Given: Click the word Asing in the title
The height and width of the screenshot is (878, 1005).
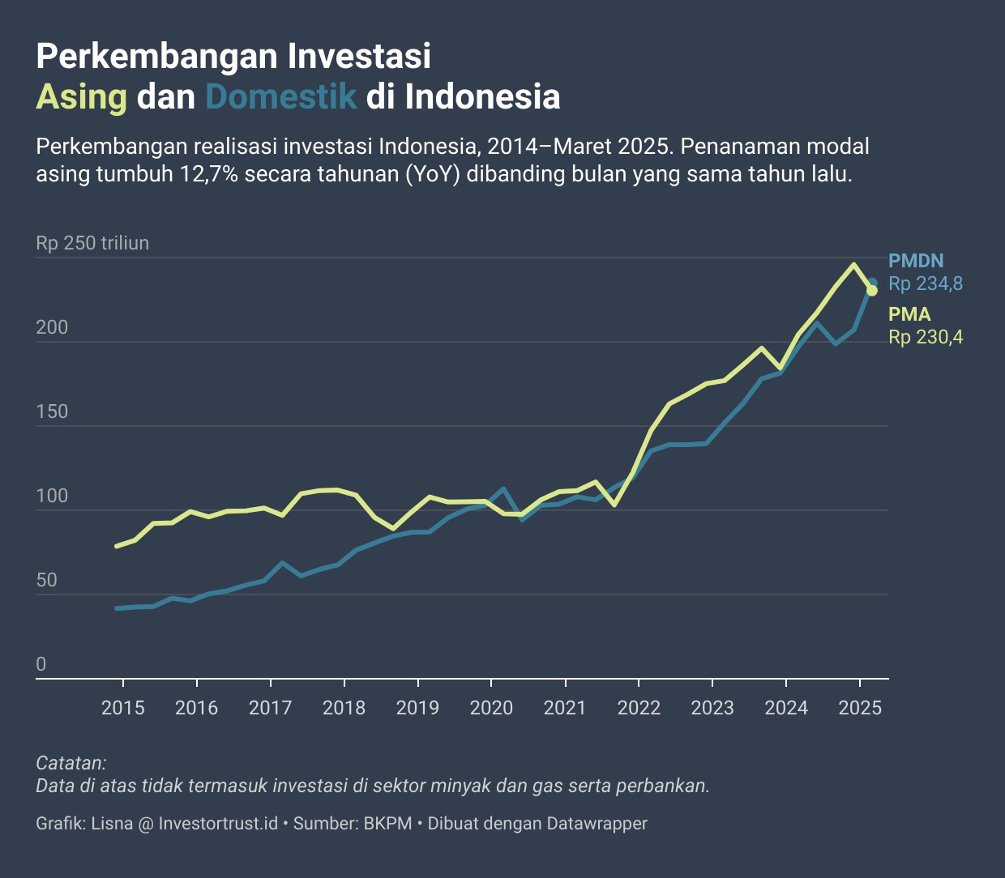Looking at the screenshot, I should [x=81, y=96].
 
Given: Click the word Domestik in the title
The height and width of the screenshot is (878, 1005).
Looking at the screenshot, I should [x=280, y=96].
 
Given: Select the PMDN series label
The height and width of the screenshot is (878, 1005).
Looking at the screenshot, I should [x=916, y=261].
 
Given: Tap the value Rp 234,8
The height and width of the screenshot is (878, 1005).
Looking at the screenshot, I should [x=926, y=283].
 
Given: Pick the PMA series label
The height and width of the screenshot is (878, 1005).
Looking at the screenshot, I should [x=909, y=314].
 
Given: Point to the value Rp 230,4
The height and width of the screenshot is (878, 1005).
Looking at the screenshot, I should [x=926, y=337].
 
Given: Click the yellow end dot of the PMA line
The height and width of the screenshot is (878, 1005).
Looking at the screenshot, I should [x=872, y=291].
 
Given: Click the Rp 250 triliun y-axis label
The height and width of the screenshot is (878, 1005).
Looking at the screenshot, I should [x=92, y=243].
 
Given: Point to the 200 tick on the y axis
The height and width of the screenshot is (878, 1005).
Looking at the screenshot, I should [x=52, y=327].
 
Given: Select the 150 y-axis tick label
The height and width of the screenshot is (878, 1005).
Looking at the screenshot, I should [x=52, y=411].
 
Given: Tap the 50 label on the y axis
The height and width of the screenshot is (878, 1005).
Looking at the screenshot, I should [x=46, y=580].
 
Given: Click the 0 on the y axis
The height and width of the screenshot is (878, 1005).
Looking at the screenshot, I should [x=41, y=664].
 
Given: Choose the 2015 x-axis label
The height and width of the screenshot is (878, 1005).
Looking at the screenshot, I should [x=123, y=708].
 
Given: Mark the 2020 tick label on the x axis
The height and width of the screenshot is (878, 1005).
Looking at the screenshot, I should [x=491, y=708].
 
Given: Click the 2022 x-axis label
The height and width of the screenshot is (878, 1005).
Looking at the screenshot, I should [x=639, y=708].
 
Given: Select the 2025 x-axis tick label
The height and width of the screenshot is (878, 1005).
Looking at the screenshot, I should [x=860, y=708].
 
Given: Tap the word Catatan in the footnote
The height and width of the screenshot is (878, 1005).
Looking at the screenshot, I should [x=71, y=763].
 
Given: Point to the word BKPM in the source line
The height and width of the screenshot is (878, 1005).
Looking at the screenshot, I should [x=387, y=824].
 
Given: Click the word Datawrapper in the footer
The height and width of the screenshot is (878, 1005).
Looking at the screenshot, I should [x=597, y=824].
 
